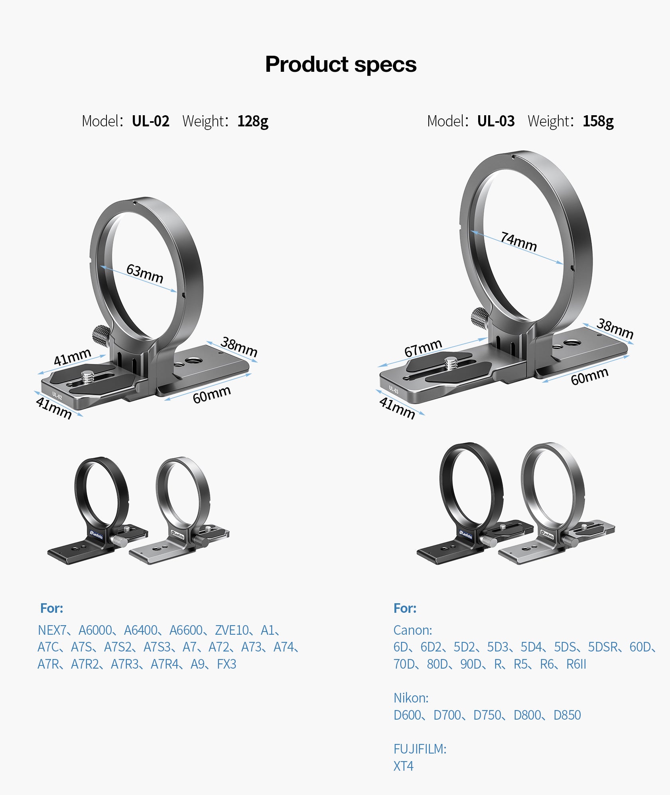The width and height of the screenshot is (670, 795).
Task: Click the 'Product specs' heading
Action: click(x=341, y=64)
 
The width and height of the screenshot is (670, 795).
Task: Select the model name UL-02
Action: click(x=150, y=121)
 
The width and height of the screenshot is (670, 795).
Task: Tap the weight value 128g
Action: click(x=253, y=121)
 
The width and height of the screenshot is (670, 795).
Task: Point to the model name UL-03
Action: click(x=496, y=121)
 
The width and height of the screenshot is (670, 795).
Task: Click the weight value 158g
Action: click(x=598, y=121)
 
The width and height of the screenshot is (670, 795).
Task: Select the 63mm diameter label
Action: click(x=145, y=274)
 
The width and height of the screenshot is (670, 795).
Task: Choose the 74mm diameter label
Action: click(x=518, y=242)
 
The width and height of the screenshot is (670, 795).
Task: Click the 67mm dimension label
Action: click(x=423, y=348)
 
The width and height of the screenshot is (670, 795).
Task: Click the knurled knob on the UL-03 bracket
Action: click(x=480, y=318)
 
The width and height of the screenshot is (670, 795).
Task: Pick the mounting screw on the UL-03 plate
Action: click(x=451, y=363)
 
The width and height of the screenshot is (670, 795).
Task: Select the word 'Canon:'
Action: click(x=413, y=630)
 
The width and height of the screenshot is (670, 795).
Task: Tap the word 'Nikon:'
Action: click(x=411, y=698)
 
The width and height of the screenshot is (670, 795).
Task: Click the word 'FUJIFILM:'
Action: click(x=420, y=749)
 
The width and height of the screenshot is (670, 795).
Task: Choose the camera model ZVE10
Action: click(x=232, y=630)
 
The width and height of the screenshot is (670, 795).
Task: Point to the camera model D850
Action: click(x=567, y=715)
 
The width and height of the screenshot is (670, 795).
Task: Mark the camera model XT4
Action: click(x=403, y=766)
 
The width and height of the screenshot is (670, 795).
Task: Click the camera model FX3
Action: click(x=227, y=664)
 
